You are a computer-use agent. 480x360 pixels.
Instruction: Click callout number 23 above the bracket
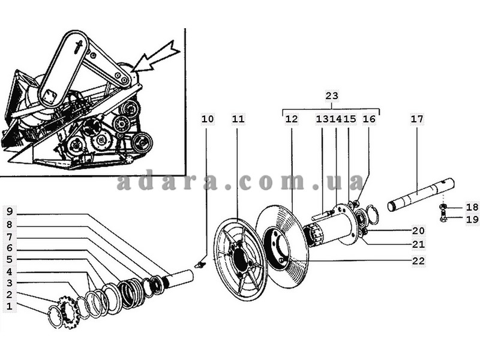pyautogui.click(x=332, y=96)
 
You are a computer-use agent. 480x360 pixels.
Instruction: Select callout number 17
pyautogui.click(x=416, y=119)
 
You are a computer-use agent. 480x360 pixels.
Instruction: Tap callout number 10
pyautogui.click(x=208, y=119)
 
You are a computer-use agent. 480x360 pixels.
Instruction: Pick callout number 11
pyautogui.click(x=238, y=119)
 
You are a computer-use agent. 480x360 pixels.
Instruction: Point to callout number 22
pyautogui.click(x=418, y=261)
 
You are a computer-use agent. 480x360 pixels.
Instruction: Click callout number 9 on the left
pyautogui.click(x=10, y=211)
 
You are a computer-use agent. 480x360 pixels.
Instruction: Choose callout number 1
pyautogui.click(x=10, y=306)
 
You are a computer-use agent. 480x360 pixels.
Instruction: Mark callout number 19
pyautogui.click(x=472, y=219)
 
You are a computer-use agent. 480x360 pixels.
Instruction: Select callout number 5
pyautogui.click(x=10, y=259)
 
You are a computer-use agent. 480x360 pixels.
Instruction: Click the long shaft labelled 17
pyautogui.click(x=421, y=195)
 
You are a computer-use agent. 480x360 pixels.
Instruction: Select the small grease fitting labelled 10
pyautogui.click(x=200, y=263)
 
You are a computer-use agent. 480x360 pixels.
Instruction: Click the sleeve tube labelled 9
pyautogui.click(x=179, y=279)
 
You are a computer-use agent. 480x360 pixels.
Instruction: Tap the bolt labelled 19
pyautogui.click(x=443, y=215)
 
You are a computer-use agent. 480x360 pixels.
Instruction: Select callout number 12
pyautogui.click(x=291, y=119)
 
